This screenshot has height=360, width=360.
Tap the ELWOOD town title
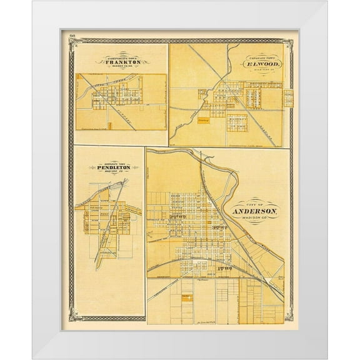[x=261, y=64]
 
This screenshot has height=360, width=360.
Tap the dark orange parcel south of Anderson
[x=186, y=299]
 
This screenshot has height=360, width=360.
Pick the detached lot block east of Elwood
[x=288, y=98]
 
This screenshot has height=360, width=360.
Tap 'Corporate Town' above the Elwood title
[x=261, y=57]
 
